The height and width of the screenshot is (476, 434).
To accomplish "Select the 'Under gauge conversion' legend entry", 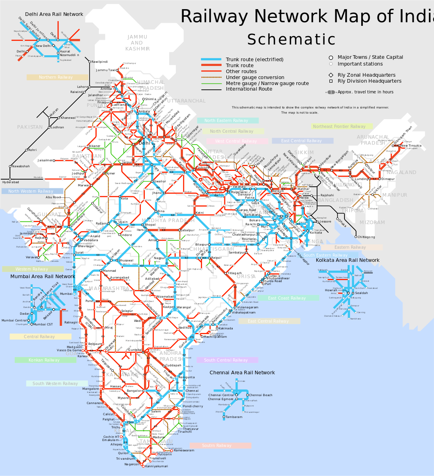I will coord(255,77).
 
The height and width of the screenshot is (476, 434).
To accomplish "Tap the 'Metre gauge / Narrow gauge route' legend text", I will coord(267,83).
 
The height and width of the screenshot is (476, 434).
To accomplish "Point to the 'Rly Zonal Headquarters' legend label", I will coord(366,75).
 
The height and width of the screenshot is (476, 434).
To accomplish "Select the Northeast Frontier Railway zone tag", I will coord(342,126).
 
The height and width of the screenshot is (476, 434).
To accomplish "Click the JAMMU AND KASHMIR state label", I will coord(137,43).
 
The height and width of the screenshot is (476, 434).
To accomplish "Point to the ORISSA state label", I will coord(246,277).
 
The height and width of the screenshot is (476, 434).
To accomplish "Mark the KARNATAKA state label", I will coord(122,375).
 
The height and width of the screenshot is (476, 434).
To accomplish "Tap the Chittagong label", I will coord(366,237).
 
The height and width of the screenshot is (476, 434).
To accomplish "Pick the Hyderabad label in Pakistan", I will coord(11,182).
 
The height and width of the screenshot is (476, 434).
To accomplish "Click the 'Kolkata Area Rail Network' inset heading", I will coord(347,260).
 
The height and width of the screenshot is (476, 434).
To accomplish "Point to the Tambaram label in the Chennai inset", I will coord(234,417).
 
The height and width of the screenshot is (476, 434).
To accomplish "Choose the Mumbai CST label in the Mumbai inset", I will coord(43,325).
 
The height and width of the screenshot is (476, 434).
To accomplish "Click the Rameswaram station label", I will coord(184,451).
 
